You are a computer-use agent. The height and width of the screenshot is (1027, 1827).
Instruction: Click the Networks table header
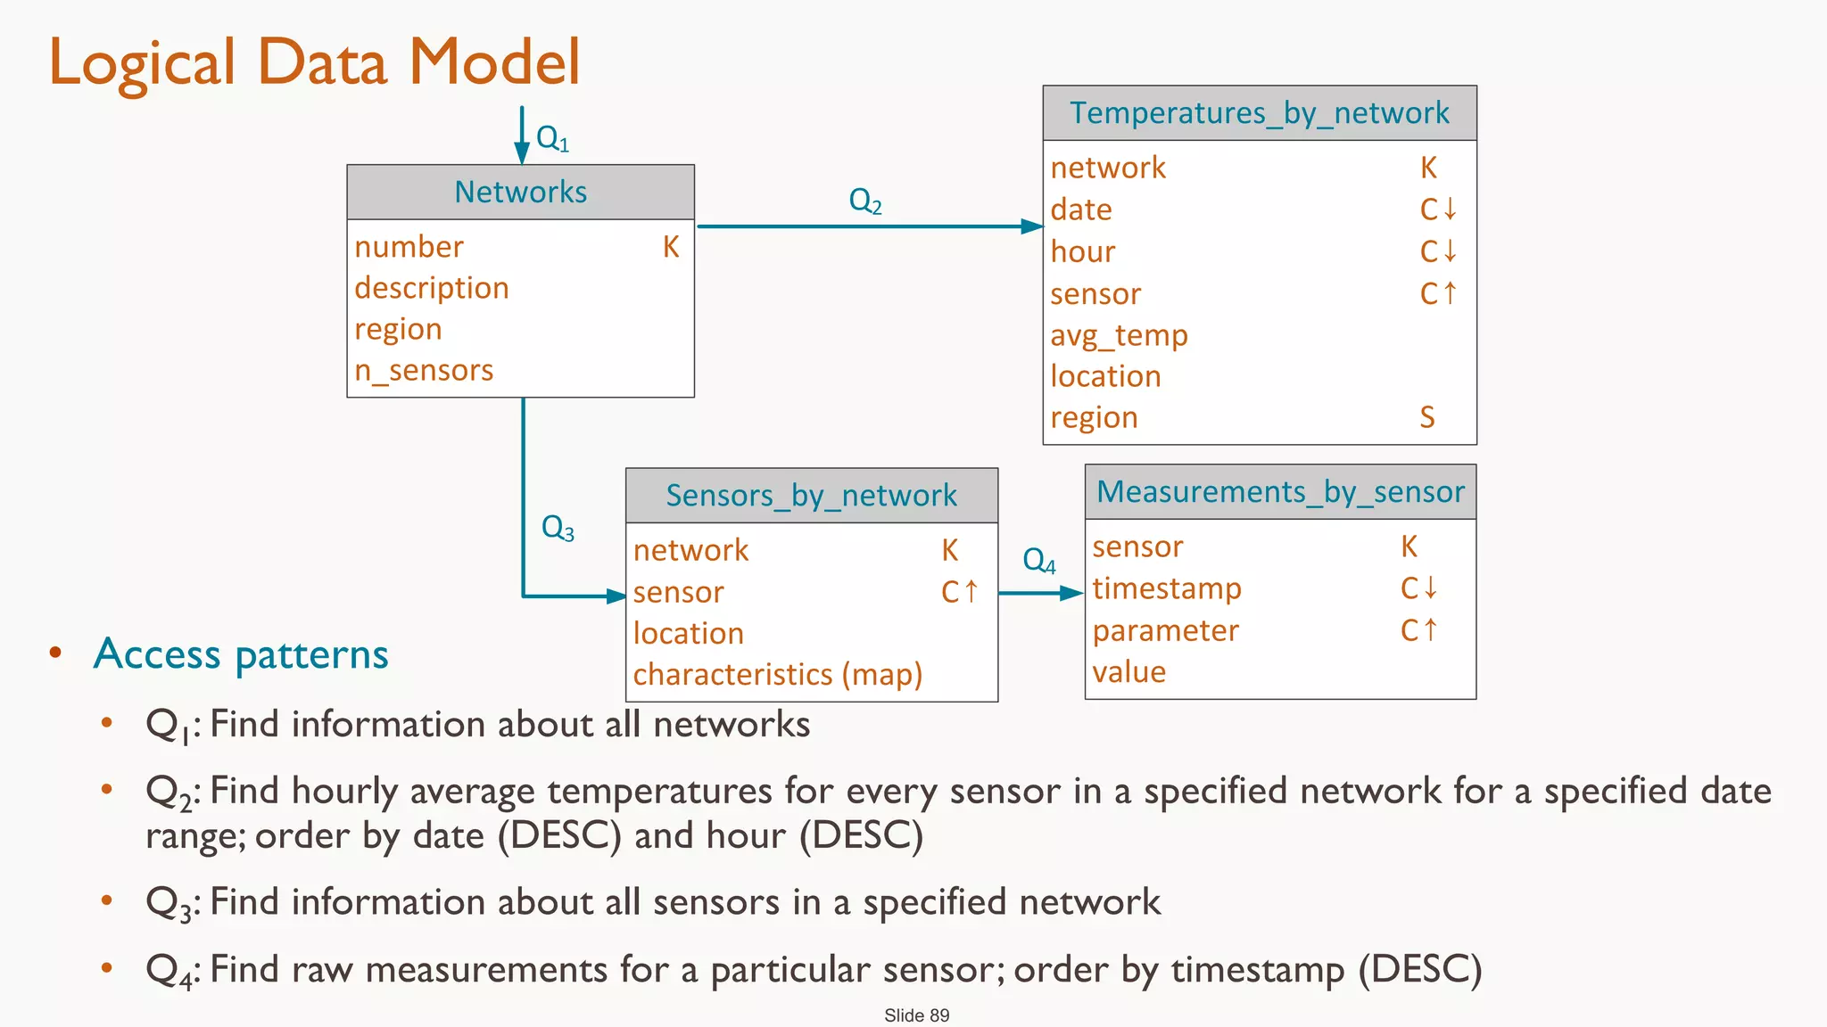point(520,192)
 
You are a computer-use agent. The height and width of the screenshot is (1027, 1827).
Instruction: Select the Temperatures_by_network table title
point(1259,113)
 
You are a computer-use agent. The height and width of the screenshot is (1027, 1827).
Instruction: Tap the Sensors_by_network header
point(811,496)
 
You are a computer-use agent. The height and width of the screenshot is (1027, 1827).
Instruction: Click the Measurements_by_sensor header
point(1280,492)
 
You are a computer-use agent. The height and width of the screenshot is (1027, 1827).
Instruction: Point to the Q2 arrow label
point(864,201)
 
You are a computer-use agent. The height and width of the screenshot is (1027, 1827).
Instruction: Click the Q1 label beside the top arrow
point(552,139)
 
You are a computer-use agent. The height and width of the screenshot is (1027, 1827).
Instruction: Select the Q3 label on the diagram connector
point(558,528)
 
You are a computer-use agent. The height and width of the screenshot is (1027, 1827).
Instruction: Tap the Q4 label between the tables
point(1038,561)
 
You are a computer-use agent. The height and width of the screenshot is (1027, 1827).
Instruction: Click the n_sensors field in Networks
point(424,370)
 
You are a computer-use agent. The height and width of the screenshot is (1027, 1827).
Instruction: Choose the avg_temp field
point(1119,335)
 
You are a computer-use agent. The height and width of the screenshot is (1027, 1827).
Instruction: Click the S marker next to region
point(1427,417)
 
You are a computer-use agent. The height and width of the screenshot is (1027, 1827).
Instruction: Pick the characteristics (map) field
point(777,675)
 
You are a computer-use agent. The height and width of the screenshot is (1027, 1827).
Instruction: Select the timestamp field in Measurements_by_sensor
point(1167,588)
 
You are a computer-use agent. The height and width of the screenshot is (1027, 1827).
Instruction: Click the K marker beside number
point(671,247)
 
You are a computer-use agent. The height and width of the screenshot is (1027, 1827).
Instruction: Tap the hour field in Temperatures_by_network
point(1082,252)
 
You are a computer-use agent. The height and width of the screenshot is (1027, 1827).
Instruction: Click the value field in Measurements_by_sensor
point(1128,672)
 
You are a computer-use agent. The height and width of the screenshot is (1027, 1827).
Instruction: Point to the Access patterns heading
point(241,654)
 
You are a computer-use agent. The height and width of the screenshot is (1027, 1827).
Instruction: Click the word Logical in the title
point(143,62)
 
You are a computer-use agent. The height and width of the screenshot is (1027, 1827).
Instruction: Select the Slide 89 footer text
point(916,1015)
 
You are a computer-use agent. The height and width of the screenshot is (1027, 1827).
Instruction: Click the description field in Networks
point(432,288)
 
